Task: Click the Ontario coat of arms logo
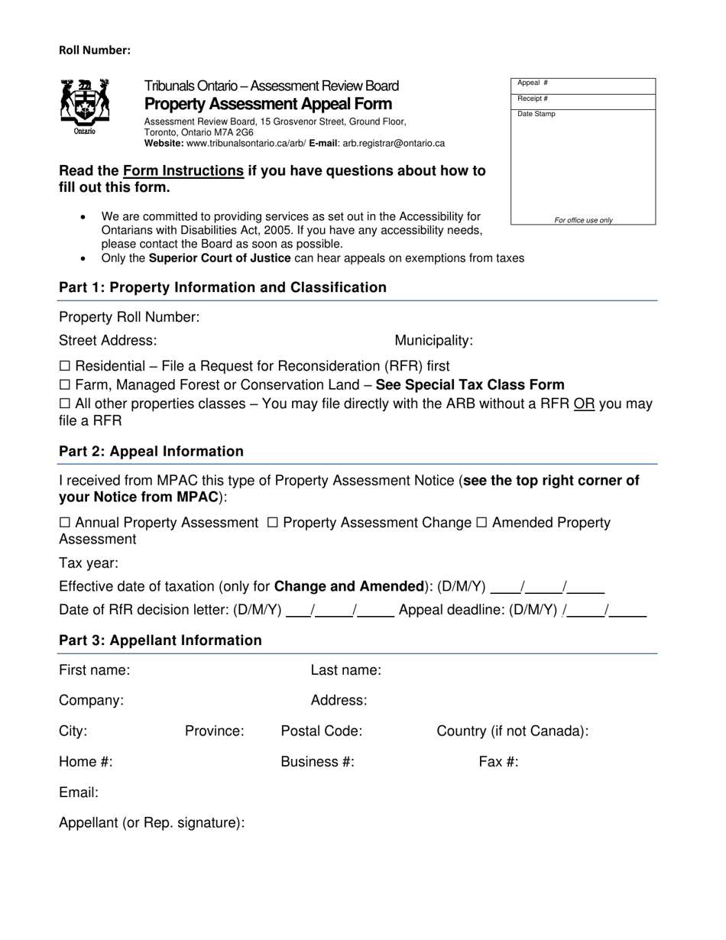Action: coord(85,105)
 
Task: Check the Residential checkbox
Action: coord(65,366)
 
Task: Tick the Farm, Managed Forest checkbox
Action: coord(65,385)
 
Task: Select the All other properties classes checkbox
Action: coord(65,404)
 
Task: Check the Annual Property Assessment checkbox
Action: coord(65,523)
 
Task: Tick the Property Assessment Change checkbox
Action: coord(273,523)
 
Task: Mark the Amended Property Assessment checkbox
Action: coord(481,523)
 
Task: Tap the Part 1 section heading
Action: coord(222,287)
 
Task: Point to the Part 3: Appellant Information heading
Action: coord(160,640)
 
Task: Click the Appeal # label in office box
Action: coord(533,83)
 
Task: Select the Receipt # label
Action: coord(533,99)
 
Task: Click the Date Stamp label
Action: coord(536,114)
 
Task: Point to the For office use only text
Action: coord(583,220)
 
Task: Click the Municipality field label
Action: coord(433,341)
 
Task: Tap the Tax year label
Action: coord(89,563)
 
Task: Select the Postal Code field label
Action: coord(321,731)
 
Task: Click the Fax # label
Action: coord(498,762)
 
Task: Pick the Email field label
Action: coord(79,793)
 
